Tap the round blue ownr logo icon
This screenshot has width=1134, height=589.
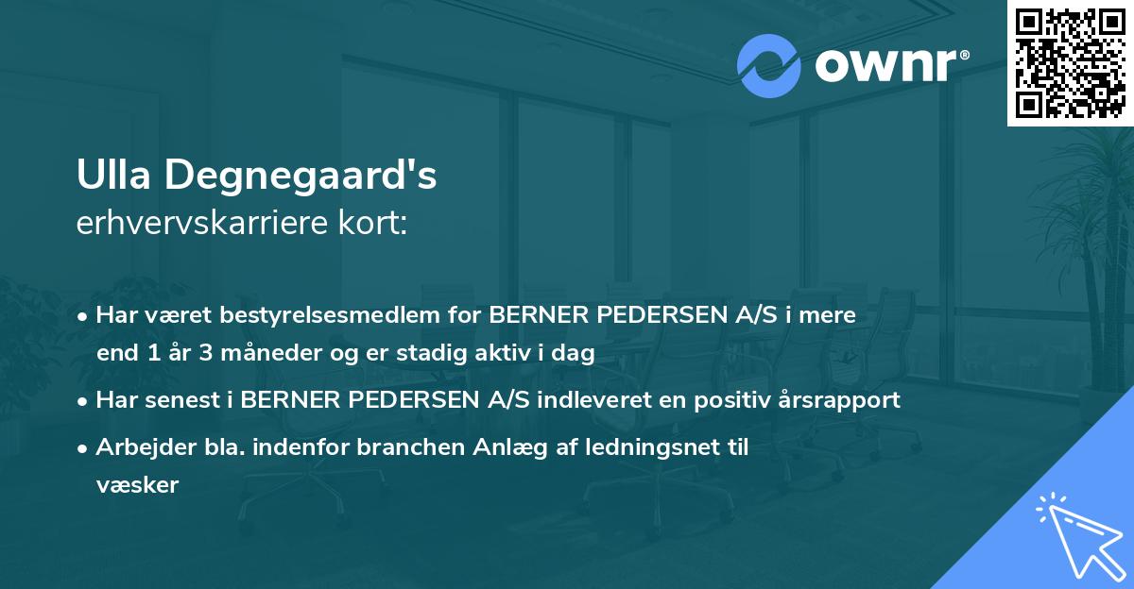[x=769, y=66]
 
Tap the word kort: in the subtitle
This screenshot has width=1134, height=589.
[x=377, y=224]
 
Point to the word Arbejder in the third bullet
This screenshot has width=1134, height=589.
[x=136, y=447]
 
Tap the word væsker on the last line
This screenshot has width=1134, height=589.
[x=137, y=485]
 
